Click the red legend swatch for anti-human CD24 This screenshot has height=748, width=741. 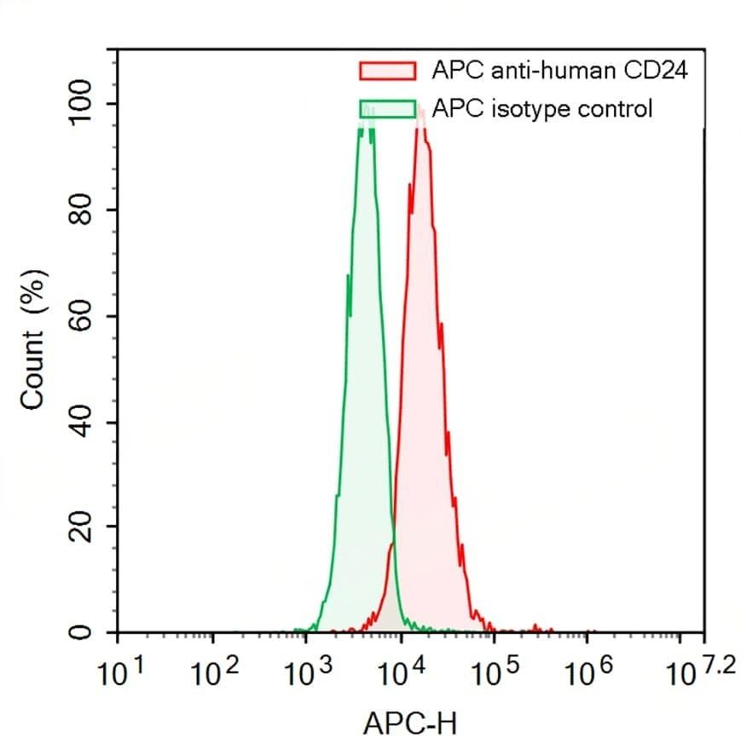(x=388, y=71)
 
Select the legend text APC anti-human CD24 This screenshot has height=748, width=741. (x=559, y=70)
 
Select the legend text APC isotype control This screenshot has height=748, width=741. (x=542, y=109)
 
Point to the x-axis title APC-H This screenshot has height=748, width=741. (x=410, y=723)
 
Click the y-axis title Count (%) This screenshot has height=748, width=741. (x=33, y=340)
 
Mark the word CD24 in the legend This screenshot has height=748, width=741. (x=656, y=70)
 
